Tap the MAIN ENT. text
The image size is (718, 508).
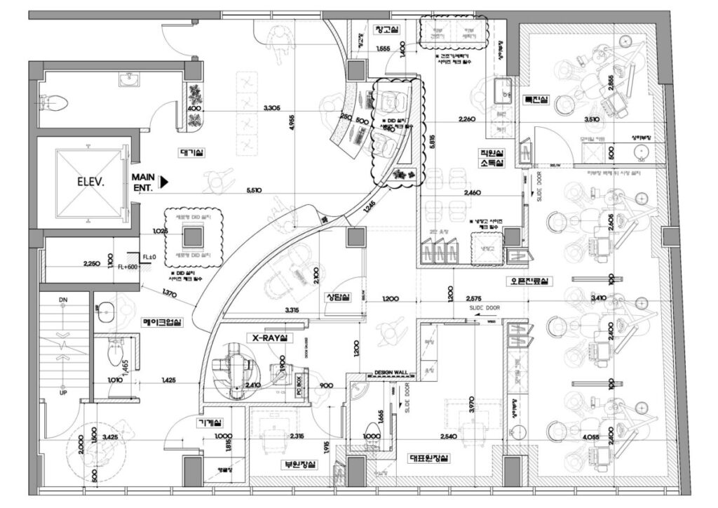pyautogui.click(x=143, y=182)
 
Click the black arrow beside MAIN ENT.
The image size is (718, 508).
pyautogui.click(x=165, y=182)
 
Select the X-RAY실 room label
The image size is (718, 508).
pyautogui.click(x=270, y=338)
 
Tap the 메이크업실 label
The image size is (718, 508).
pyautogui.click(x=162, y=323)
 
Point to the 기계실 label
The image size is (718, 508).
pyautogui.click(x=210, y=422)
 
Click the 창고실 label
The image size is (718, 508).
pyautogui.click(x=386, y=29)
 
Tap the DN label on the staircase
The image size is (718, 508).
pyautogui.click(x=63, y=300)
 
